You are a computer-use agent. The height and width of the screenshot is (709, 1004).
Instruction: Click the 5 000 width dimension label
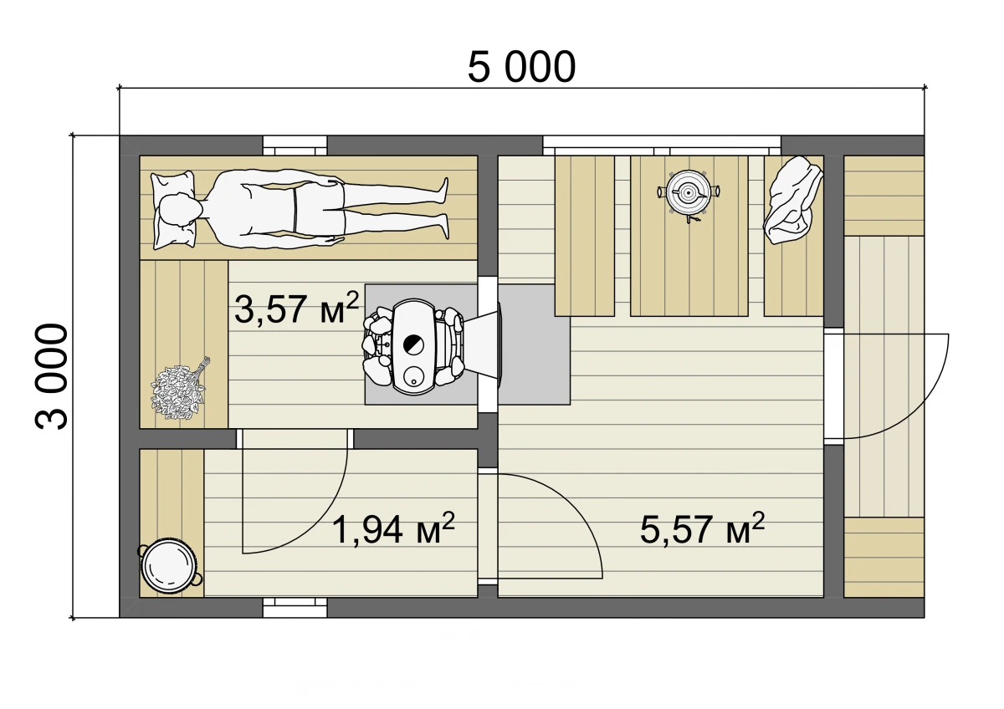(521, 67)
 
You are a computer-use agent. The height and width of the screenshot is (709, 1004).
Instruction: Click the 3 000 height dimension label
(52, 376)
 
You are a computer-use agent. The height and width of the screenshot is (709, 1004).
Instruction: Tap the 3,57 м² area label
(297, 308)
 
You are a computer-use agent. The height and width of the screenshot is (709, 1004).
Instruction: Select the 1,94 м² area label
(393, 528)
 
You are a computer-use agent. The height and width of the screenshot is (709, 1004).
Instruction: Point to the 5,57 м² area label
(702, 528)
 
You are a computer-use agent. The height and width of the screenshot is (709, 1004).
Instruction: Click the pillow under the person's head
(173, 210)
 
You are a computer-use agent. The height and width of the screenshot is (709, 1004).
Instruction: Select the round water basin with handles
(169, 566)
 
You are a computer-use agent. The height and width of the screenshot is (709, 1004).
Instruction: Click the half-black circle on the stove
(413, 344)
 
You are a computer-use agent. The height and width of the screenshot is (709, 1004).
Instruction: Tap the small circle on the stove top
(413, 375)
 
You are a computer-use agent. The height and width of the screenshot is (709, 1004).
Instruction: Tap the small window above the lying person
(295, 146)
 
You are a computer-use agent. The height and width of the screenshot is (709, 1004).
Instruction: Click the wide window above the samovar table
(662, 146)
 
